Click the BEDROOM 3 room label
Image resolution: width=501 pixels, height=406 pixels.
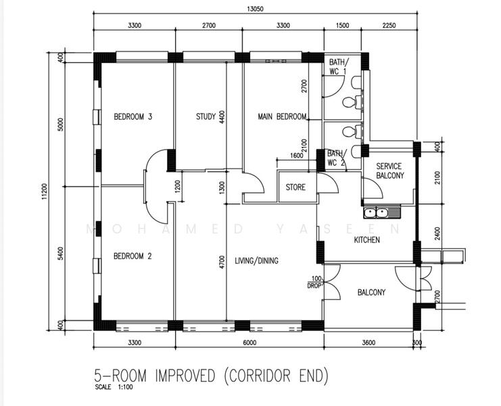(133, 116)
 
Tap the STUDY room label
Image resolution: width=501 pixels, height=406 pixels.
(206, 116)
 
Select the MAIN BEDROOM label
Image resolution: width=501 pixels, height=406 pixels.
(282, 116)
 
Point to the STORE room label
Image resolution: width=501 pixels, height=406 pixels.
(295, 187)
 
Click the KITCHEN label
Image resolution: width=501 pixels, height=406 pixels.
(367, 240)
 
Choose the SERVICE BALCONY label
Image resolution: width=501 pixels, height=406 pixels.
(390, 171)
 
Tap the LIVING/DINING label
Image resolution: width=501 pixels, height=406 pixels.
(256, 261)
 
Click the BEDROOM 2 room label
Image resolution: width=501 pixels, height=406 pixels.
(133, 256)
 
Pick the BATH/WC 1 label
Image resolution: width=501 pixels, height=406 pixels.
(339, 66)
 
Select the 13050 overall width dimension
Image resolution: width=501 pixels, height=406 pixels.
(256, 9)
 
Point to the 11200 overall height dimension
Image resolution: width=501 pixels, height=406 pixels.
(45, 191)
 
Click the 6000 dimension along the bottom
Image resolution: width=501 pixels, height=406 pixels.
(249, 342)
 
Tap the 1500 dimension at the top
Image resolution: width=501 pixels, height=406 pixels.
(343, 25)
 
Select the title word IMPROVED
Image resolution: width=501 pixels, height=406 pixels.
(185, 376)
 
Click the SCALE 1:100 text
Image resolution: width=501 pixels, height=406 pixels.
(114, 387)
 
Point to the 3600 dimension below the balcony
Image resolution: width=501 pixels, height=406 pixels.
(368, 342)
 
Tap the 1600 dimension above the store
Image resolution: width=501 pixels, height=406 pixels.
(297, 156)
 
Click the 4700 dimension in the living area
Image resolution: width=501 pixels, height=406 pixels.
(222, 262)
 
